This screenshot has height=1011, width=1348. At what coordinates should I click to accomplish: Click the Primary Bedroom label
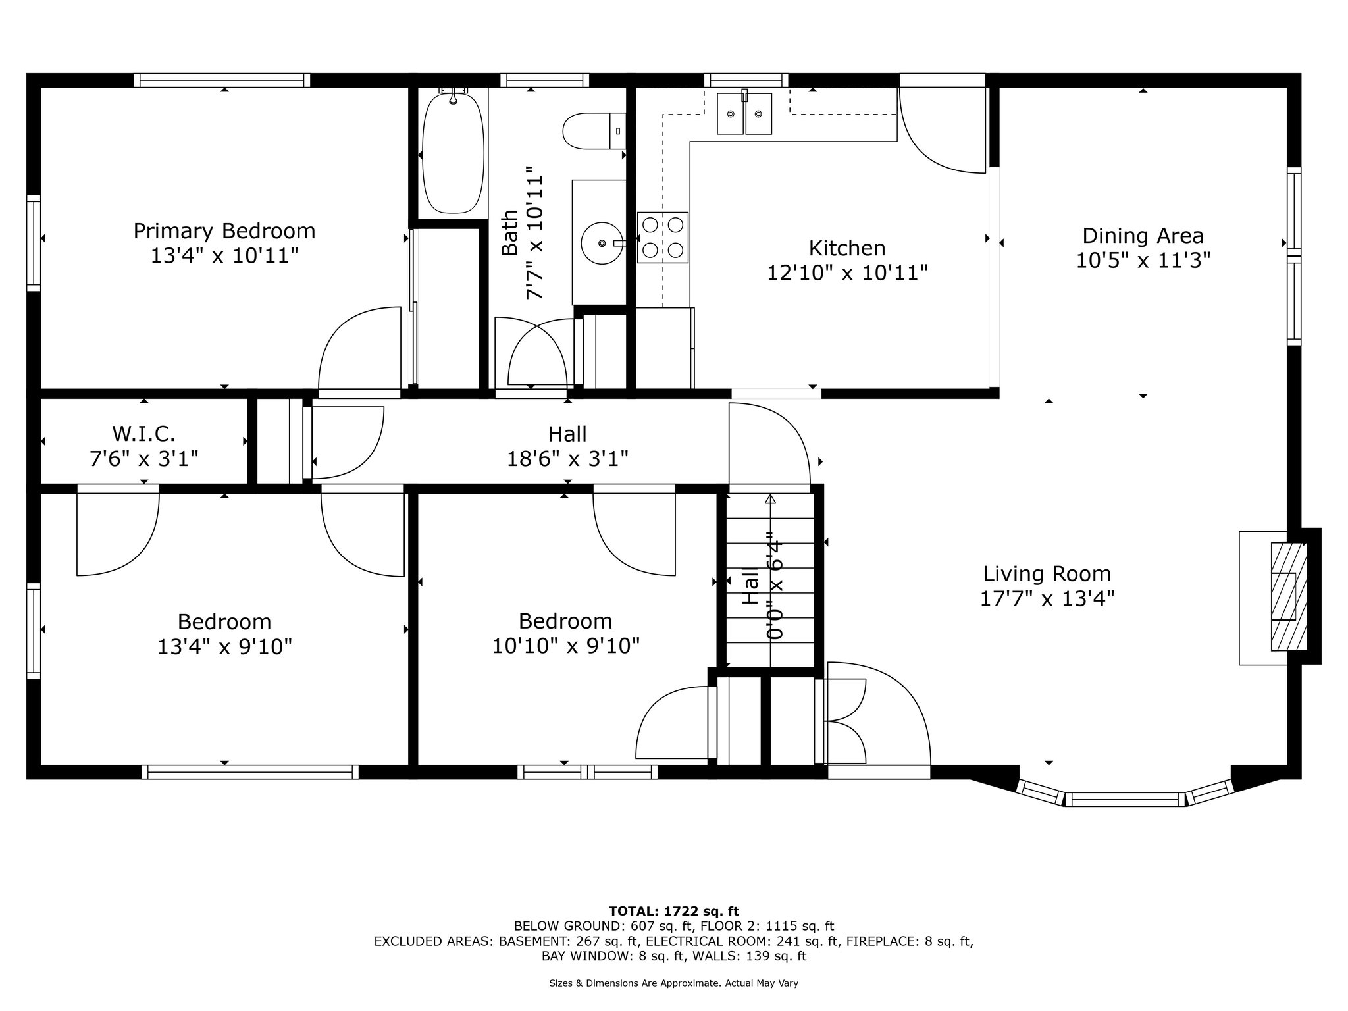(x=224, y=231)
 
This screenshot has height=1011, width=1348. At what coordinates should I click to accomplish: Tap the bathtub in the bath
(x=453, y=153)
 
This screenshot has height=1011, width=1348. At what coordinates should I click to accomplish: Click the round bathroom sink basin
(x=602, y=243)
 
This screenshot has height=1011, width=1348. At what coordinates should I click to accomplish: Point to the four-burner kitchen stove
(x=663, y=238)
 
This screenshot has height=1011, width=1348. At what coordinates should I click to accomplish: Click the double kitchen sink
(x=744, y=113)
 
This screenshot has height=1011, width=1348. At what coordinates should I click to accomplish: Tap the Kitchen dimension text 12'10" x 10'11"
(x=848, y=272)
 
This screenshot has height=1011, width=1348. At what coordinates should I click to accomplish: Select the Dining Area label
(x=1143, y=236)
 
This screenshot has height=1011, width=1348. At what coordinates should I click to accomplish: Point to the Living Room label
(x=1047, y=574)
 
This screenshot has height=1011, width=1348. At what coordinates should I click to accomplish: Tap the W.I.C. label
(x=143, y=434)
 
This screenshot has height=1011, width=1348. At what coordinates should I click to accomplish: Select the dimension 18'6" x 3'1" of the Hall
(x=567, y=458)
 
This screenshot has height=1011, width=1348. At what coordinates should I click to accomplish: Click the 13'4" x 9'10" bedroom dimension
(x=224, y=647)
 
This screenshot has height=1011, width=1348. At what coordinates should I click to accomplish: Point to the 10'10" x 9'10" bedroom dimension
(x=566, y=646)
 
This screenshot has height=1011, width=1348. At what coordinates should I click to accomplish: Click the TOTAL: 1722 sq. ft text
(x=674, y=911)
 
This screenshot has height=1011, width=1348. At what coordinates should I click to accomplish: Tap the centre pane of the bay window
(x=1125, y=799)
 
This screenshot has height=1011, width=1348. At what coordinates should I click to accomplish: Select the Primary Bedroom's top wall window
(x=222, y=80)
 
